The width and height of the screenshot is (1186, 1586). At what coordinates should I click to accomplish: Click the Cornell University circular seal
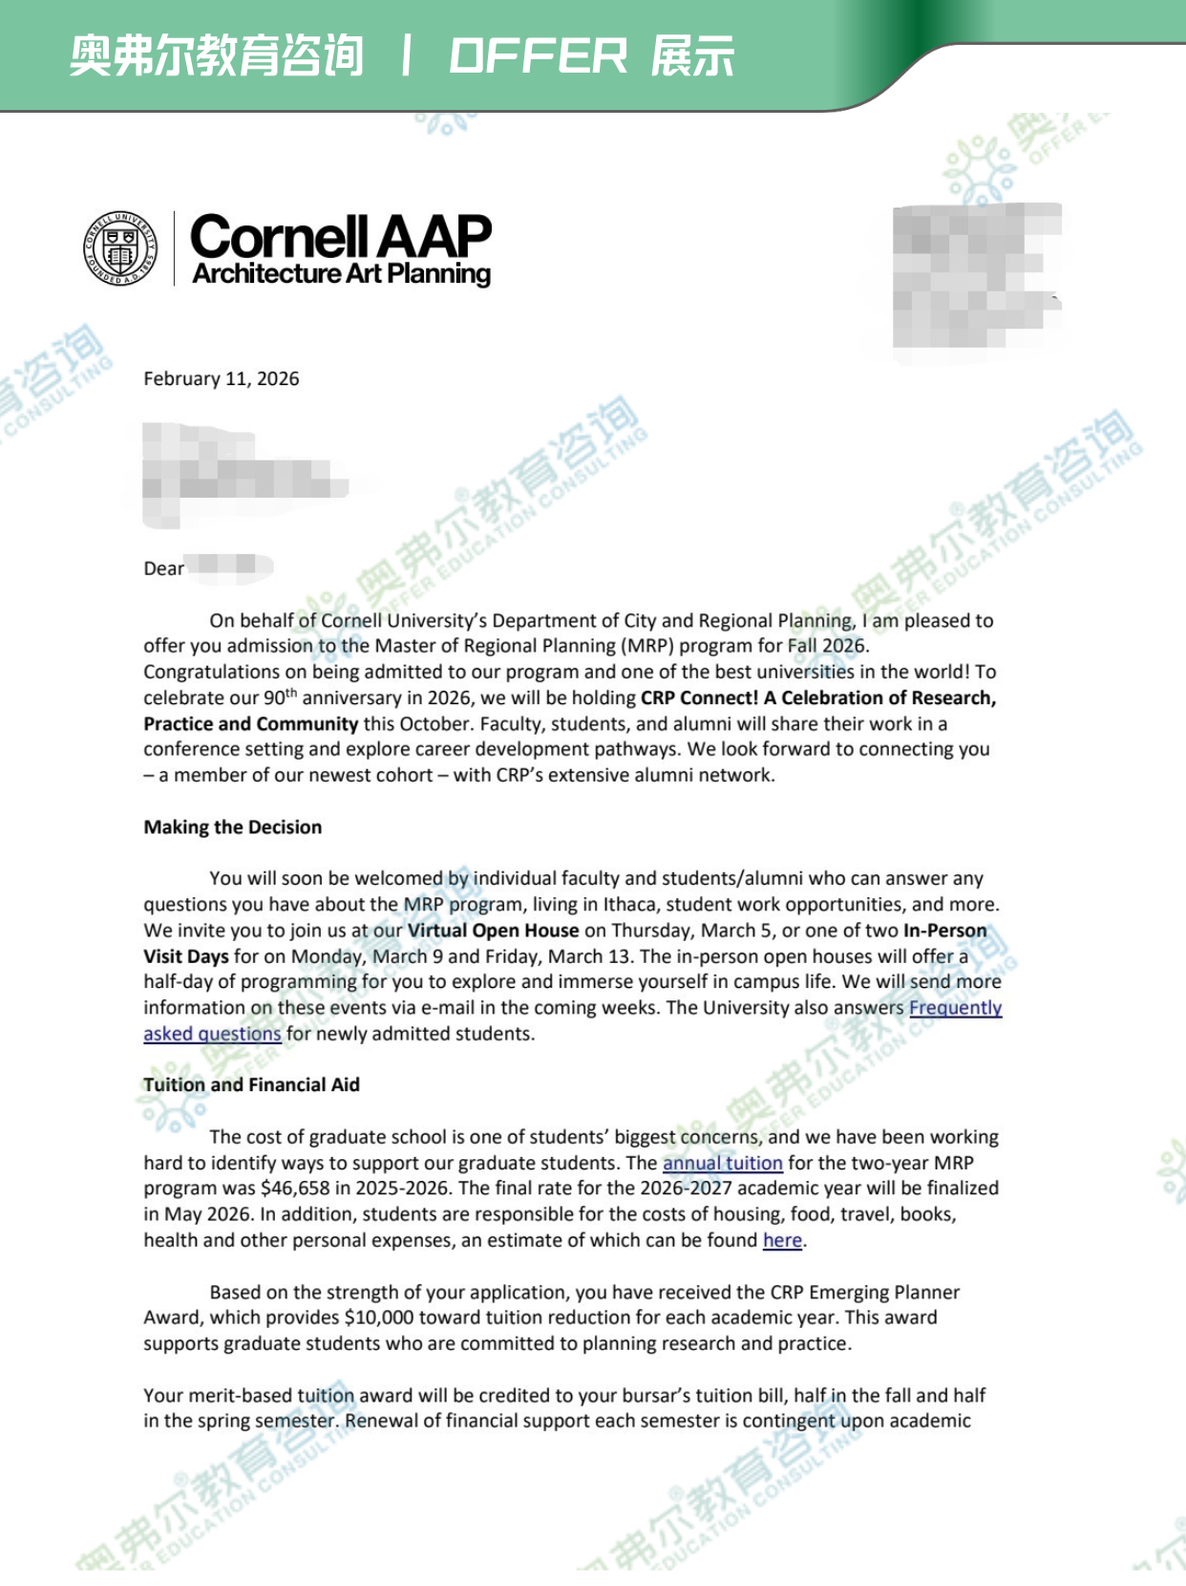120,248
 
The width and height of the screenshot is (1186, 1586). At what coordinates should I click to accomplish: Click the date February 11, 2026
221,378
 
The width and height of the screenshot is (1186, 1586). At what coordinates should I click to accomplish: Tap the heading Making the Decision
232,827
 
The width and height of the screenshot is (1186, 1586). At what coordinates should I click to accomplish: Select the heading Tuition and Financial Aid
251,1084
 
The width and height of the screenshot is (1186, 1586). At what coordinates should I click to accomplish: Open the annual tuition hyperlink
722,1163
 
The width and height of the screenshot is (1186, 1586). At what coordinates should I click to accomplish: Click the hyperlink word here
782,1240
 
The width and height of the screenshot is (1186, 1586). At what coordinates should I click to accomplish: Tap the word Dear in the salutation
163,568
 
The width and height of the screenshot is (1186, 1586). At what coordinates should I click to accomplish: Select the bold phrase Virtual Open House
493,931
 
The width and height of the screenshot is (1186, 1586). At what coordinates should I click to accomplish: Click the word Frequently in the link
955,1008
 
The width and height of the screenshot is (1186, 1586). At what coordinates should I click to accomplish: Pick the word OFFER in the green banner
539,56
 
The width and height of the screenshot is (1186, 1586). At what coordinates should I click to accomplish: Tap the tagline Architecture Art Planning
341,274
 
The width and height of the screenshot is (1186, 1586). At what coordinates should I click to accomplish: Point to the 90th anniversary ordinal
281,697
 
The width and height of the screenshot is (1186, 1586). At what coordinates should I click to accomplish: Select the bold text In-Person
944,931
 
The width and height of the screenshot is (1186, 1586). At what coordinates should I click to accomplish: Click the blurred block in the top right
977,277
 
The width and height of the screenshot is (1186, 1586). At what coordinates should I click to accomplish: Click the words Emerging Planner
884,1293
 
